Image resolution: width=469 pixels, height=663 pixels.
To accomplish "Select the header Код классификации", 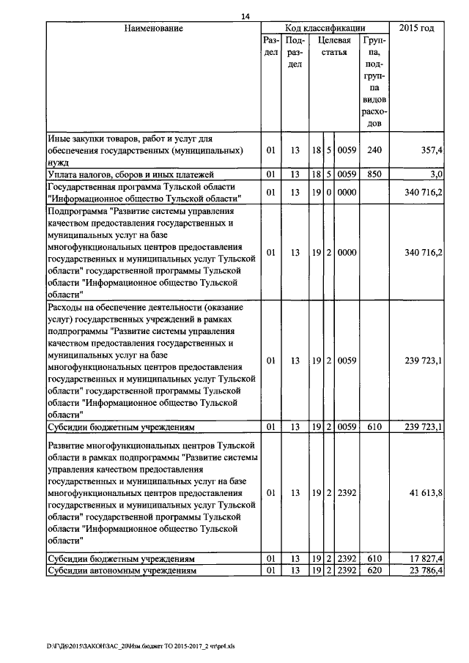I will tap(325, 29).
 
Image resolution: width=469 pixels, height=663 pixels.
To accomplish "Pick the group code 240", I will tap(374, 150).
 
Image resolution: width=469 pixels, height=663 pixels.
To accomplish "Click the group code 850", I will tap(374, 174).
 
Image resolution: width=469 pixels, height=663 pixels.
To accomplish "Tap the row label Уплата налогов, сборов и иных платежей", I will tap(130, 174).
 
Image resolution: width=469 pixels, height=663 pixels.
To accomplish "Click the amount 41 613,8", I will tap(424, 493).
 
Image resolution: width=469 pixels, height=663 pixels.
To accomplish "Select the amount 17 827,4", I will tap(424, 559).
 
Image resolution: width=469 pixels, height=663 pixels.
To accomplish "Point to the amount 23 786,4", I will tap(424, 570).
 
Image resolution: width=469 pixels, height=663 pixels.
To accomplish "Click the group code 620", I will tap(374, 570).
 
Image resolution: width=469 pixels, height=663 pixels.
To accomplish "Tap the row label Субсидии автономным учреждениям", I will tap(122, 570).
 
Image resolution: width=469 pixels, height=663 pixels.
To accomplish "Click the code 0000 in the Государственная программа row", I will tap(347, 193).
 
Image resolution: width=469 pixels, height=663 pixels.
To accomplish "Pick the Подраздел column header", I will tap(295, 53).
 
